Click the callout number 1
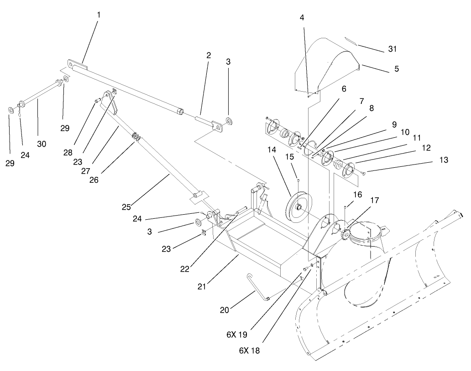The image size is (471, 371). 98,15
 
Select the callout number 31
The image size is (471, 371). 392,49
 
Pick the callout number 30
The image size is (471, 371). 42,144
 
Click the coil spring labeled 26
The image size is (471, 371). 136,136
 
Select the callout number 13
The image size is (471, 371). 444,160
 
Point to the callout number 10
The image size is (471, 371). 405,132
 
